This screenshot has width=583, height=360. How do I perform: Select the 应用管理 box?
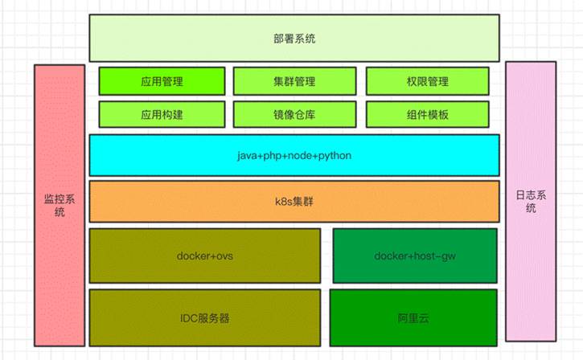pos(161,81)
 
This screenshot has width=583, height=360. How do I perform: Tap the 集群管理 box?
pos(294,81)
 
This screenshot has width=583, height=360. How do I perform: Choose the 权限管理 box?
pos(427,81)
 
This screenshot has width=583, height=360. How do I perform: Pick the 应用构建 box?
pos(161,114)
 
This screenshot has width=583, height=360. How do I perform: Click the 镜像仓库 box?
pos(294,114)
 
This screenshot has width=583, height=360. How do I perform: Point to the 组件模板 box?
pos(427,114)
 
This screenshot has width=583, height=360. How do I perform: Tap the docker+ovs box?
pos(205,256)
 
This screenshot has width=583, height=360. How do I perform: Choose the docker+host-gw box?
pos(413,256)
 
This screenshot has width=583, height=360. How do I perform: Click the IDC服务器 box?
pos(205,317)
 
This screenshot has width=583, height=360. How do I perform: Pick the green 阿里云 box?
pos(413,317)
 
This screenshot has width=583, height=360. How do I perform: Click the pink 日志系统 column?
pos(530,201)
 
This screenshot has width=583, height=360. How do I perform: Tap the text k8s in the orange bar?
pos(282,201)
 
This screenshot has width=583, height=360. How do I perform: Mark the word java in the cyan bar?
pos(245,155)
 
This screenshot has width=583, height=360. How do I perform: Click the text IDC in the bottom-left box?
pos(190,317)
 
